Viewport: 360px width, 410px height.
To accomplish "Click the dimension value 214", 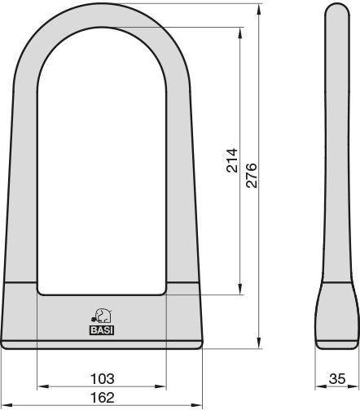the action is (232, 160).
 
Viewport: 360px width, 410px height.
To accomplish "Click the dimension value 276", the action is (252, 175).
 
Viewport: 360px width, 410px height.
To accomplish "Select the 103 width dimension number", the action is (102, 378).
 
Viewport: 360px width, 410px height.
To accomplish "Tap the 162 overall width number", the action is (102, 398).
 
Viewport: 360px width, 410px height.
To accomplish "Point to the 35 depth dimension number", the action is (337, 378).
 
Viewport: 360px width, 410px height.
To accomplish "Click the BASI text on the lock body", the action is (102, 330).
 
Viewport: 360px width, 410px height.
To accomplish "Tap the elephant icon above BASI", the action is (101, 316).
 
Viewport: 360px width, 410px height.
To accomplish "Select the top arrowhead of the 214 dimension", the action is (239, 33).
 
